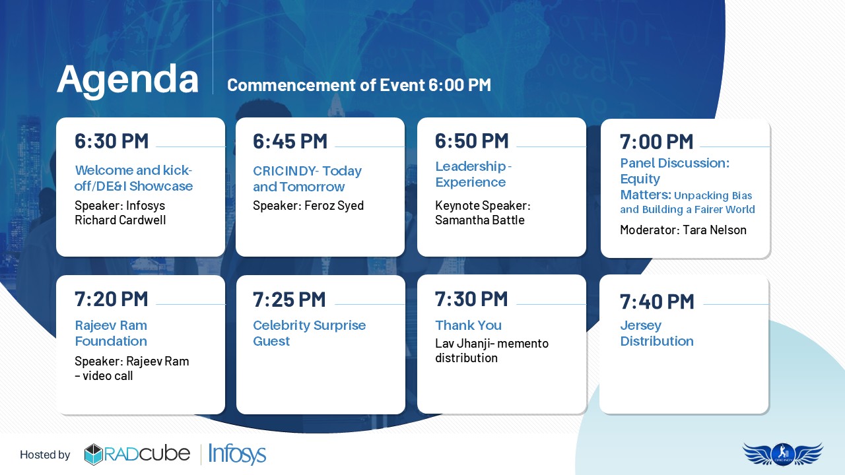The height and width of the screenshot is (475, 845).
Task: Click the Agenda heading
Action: click(127, 80)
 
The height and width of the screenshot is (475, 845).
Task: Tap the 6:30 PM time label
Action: click(112, 141)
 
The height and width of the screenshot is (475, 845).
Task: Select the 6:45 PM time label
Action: click(290, 142)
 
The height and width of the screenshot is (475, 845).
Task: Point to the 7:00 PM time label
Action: click(657, 142)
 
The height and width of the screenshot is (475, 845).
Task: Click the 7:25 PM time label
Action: click(289, 300)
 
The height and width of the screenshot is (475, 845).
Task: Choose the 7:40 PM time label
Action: click(657, 302)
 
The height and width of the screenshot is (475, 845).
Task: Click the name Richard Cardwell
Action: click(120, 220)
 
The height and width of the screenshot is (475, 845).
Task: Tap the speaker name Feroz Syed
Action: click(334, 206)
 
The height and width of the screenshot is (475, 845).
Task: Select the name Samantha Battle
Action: click(480, 220)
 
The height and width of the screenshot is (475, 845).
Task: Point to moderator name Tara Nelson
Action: click(715, 230)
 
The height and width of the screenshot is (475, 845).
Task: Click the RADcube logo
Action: click(137, 455)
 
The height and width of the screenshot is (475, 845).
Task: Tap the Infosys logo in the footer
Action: click(237, 454)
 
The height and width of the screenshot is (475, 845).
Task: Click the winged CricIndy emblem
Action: click(783, 454)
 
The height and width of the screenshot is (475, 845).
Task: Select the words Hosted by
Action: click(45, 455)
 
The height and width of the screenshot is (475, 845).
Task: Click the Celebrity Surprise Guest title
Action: click(310, 333)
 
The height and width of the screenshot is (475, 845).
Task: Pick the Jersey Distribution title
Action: click(657, 333)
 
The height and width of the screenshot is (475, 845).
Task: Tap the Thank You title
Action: click(469, 325)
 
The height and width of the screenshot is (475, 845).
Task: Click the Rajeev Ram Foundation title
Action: click(111, 333)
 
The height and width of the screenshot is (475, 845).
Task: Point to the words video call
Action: click(108, 376)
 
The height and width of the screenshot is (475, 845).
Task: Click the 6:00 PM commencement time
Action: click(460, 85)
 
